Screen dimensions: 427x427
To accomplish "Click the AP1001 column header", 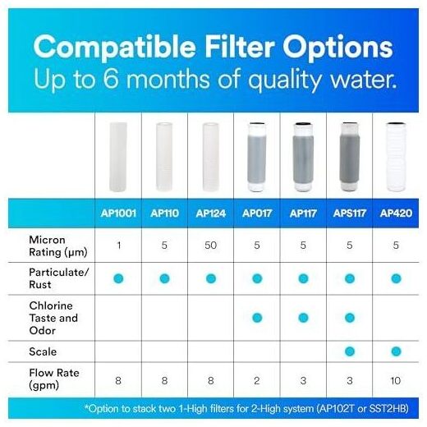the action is tap(118, 213).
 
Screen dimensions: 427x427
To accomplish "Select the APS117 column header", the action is tap(350, 213).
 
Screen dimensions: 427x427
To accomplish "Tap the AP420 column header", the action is tap(396, 213).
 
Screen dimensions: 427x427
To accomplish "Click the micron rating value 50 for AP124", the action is tap(210, 245).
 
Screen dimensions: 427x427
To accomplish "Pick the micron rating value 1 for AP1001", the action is tap(118, 245).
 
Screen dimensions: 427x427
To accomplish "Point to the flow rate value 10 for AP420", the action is tap(396, 380).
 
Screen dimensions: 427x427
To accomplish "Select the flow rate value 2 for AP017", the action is tap(257, 380).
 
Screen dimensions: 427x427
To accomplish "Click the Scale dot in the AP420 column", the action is tap(396, 351).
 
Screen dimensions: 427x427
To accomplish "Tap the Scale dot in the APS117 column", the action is tap(350, 351).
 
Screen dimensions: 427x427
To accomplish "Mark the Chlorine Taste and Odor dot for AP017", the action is tap(257, 318).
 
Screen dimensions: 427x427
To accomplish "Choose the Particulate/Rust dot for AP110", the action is tap(164, 278).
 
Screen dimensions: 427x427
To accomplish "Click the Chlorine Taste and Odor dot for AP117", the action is tap(303, 318).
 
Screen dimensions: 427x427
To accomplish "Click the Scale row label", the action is tap(43, 351).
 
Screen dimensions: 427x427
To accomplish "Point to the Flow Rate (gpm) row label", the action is tap(54, 379).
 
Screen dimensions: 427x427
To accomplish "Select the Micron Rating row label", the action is tap(58, 246).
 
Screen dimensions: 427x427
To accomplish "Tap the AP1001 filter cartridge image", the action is tap(118, 157).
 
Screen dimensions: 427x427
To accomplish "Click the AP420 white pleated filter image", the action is tap(396, 157).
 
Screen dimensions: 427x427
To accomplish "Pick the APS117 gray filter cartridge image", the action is tap(350, 157).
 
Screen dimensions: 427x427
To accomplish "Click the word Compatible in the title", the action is tap(114, 47).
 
